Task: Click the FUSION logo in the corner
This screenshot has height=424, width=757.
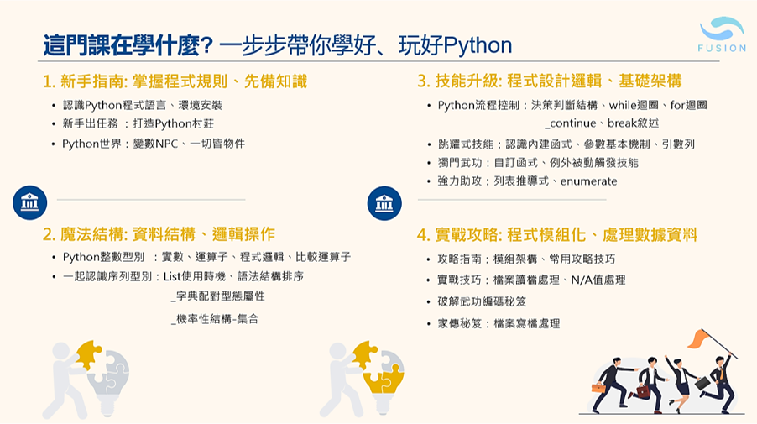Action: [722, 34]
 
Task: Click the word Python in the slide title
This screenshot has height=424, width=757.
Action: [478, 45]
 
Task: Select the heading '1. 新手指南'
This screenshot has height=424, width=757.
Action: [84, 81]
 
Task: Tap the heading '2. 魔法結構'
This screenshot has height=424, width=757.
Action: [84, 234]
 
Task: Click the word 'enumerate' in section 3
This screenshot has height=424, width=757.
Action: [588, 181]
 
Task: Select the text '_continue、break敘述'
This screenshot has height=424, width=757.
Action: [602, 123]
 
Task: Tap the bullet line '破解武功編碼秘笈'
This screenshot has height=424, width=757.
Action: [482, 301]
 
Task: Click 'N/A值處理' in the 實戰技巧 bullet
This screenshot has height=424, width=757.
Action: [598, 280]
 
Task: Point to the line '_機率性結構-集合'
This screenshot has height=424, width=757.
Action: [215, 319]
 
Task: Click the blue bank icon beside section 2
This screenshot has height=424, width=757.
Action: [30, 203]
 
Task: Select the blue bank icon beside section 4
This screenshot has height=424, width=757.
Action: [384, 203]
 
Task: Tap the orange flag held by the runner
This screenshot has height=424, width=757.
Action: [700, 338]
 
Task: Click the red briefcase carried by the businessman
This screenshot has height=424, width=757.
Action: [643, 391]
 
